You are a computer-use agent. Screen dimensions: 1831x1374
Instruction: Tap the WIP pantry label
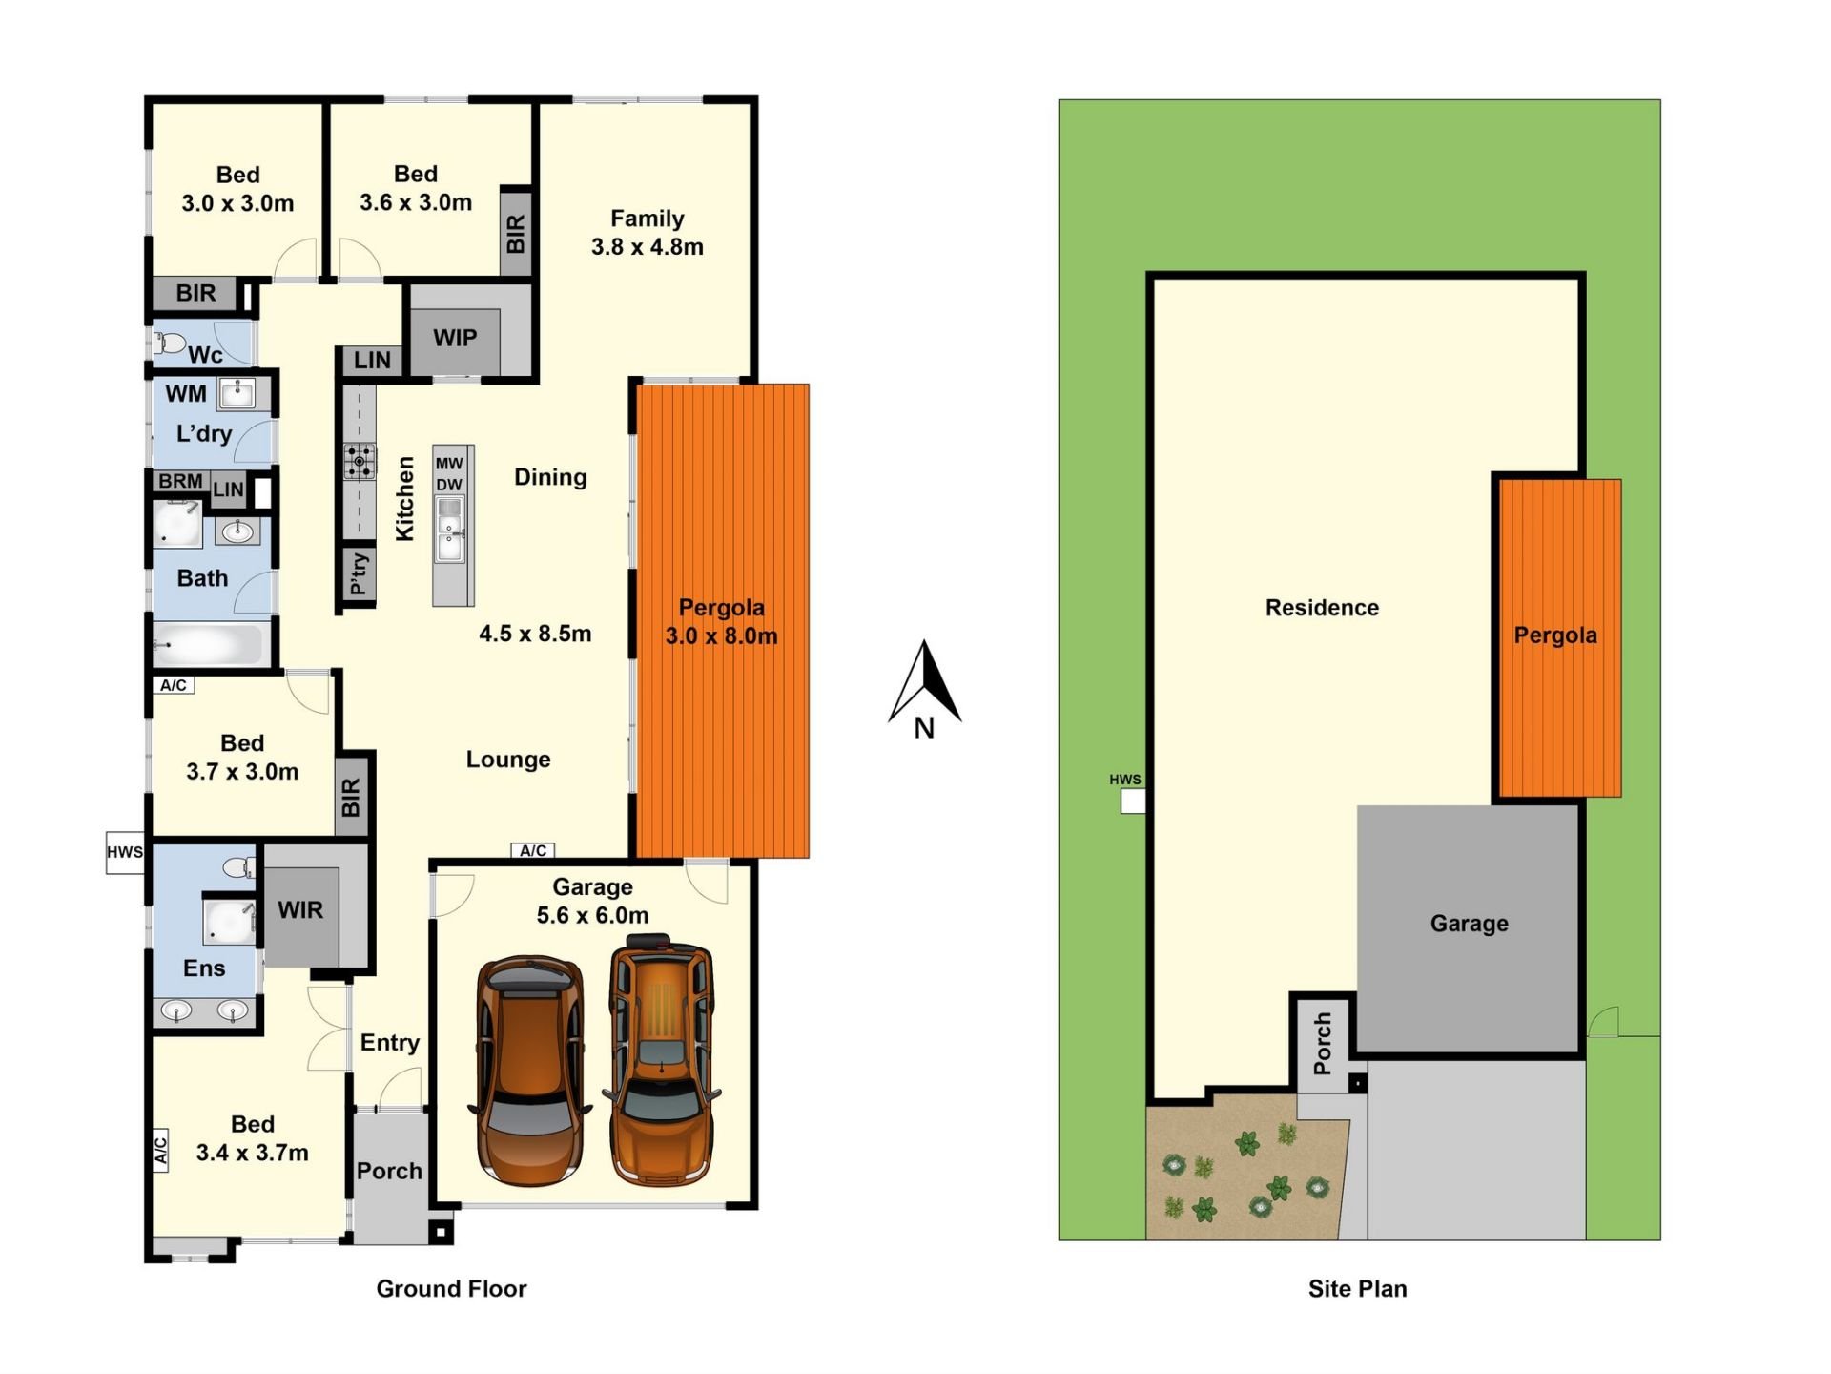click(455, 338)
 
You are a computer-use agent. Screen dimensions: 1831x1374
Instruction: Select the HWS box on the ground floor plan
click(125, 852)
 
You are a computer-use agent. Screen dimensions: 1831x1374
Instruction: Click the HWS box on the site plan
click(1133, 801)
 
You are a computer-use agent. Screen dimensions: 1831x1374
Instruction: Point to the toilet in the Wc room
click(172, 342)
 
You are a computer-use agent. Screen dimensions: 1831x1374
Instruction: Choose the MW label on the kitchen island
click(449, 464)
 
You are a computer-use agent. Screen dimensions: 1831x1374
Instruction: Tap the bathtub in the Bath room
click(207, 644)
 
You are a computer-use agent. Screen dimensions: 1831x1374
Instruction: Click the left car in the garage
click(529, 1071)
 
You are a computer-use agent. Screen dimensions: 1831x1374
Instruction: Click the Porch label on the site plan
click(1323, 1044)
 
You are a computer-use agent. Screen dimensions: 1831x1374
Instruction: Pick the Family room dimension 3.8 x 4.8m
click(648, 247)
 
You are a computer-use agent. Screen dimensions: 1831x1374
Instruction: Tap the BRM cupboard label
click(180, 481)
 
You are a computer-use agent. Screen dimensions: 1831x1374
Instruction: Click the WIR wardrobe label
click(300, 910)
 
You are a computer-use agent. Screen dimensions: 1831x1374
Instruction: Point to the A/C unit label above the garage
click(533, 851)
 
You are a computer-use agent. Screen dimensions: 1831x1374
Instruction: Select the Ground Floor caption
click(451, 1289)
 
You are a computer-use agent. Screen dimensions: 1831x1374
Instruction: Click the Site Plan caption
click(1357, 1289)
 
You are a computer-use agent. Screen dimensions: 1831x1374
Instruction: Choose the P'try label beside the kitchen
click(359, 573)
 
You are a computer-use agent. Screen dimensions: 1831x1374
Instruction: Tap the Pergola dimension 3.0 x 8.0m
click(722, 636)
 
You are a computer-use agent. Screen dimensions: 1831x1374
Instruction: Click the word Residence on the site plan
click(1322, 608)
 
